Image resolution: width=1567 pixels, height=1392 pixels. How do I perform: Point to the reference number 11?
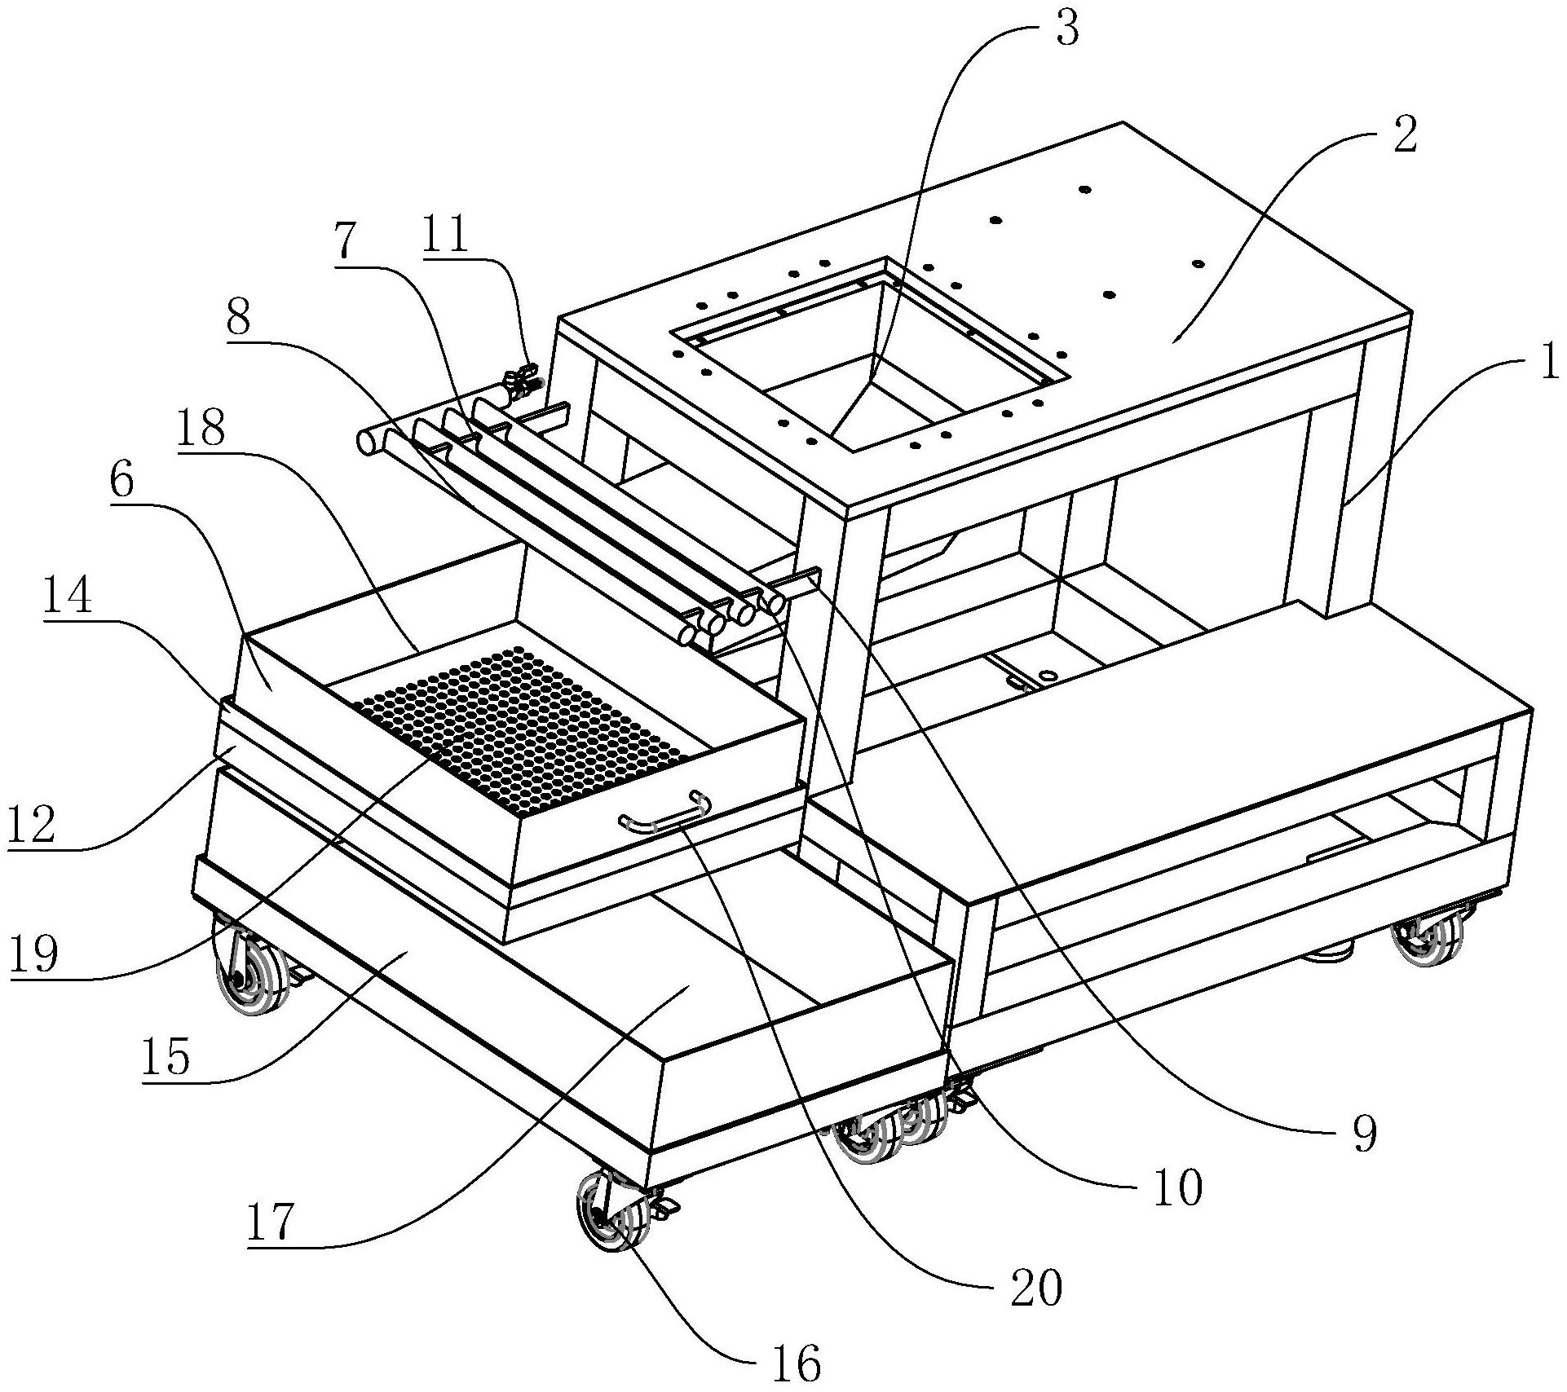(x=447, y=234)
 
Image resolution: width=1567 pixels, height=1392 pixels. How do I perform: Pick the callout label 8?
(x=239, y=319)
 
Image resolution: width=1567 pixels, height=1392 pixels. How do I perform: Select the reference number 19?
(x=33, y=955)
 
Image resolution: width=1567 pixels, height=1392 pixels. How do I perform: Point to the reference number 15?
(x=166, y=1057)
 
